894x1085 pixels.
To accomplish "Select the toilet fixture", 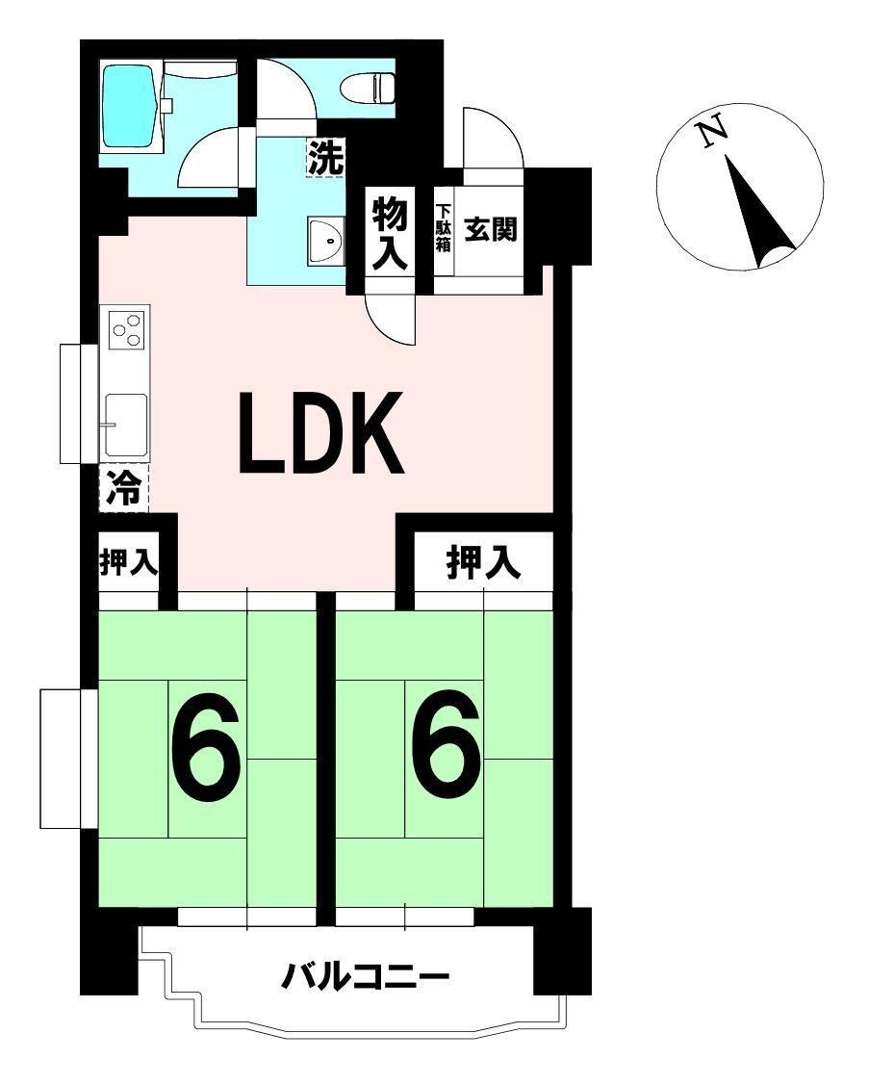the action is click(368, 88).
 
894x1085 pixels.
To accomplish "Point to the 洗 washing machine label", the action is click(325, 157).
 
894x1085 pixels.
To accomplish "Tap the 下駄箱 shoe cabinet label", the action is click(443, 227).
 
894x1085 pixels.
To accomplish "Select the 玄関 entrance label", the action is click(490, 229).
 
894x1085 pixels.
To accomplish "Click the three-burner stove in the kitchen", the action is click(128, 328).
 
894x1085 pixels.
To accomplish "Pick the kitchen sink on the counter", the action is click(126, 425).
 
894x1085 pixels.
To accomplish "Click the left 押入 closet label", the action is click(129, 562).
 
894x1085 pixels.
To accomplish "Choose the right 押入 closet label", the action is click(483, 562).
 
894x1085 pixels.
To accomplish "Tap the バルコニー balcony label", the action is click(365, 977).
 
